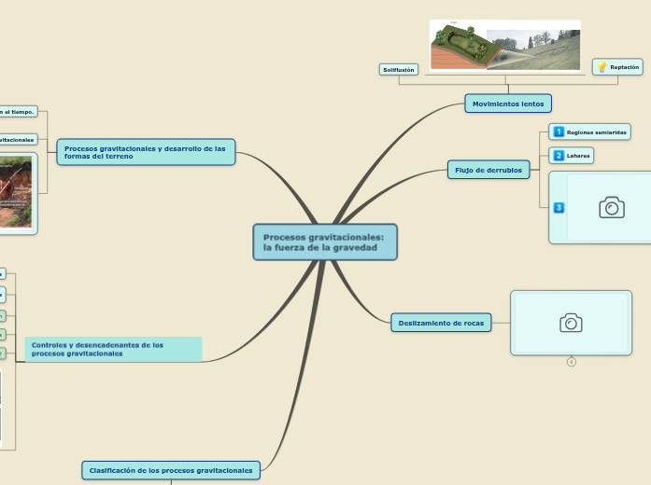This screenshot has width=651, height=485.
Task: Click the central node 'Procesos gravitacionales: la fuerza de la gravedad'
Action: coord(325,242)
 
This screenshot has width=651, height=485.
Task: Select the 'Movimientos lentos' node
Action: coord(508,104)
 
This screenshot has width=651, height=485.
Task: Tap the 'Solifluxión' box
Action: coord(399,70)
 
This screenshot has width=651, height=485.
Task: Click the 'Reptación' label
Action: coord(624,67)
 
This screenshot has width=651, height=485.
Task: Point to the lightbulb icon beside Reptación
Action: coord(601,67)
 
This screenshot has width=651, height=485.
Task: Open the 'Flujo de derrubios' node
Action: coord(488,169)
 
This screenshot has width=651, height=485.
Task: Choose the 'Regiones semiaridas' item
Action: coord(596,132)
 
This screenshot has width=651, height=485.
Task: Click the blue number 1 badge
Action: coord(559,132)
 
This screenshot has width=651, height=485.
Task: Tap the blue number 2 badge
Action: coord(559,155)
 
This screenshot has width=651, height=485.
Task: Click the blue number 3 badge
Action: coord(559,207)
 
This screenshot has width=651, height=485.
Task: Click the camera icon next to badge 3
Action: coord(611,207)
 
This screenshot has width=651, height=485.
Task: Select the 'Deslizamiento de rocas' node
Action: coord(441,323)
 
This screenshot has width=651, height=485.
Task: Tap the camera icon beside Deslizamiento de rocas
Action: coord(571,323)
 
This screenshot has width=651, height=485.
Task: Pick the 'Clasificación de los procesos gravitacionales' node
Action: coord(172,470)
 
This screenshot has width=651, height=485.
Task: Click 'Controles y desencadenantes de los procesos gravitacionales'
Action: coord(113,350)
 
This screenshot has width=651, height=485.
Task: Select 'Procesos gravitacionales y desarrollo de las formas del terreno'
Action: coord(146,152)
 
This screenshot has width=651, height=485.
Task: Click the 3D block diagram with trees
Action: coord(459,48)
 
